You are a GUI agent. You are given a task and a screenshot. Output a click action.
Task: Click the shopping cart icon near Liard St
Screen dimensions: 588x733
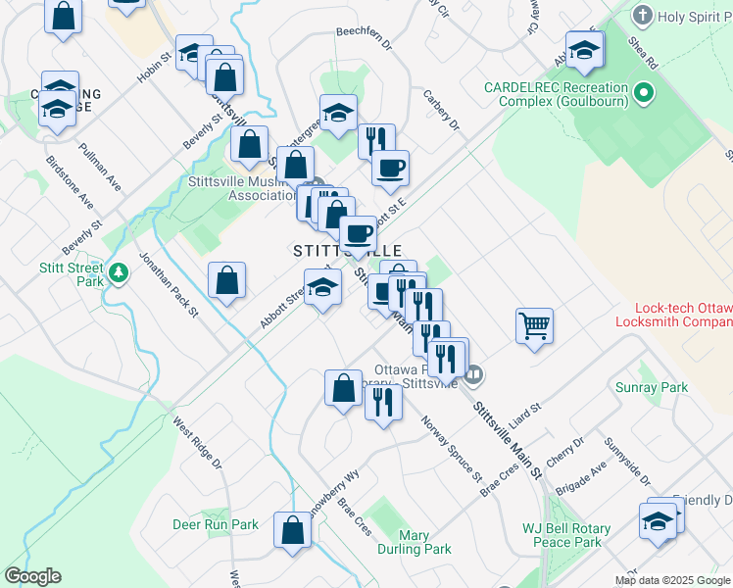pos(534,325)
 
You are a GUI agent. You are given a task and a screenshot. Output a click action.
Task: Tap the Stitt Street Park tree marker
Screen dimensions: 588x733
pos(119,271)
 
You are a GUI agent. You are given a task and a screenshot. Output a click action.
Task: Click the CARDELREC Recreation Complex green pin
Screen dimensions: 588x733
pos(643,94)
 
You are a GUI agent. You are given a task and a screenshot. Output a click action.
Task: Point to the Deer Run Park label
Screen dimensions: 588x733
pos(216,524)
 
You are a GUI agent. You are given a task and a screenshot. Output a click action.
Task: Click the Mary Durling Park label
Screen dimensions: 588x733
pos(415,542)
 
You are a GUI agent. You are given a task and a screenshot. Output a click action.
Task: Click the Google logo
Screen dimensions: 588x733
pos(32,576)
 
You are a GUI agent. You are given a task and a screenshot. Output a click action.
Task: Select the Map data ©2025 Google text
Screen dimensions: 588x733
pos(672,580)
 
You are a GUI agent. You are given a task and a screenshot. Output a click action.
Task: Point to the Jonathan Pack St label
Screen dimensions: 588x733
pos(168,285)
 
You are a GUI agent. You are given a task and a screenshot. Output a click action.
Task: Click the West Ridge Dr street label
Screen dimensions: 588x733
pos(199,443)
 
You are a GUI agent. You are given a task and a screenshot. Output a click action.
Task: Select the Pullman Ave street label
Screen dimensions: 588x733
pos(101,170)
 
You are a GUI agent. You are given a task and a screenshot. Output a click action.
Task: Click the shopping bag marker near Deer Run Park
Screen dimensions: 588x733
pos(293,531)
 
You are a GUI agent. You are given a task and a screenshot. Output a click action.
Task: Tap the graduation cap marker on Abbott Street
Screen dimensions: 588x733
pos(322,288)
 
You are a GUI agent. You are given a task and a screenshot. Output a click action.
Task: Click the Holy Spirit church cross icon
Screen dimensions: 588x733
pos(642,15)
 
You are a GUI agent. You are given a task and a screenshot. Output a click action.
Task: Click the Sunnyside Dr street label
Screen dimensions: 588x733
pos(627,461)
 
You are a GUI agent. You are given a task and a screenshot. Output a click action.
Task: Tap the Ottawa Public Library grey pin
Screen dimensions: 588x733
pos(475,373)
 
